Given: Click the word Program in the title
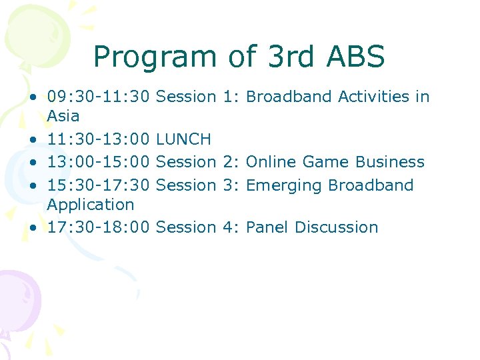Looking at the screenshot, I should coord(155,57).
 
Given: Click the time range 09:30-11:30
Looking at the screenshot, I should coord(99,97).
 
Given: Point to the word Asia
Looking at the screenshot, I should coord(63,116).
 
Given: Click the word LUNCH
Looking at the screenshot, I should coord(183,139).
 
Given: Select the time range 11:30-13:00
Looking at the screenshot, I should coord(99,139).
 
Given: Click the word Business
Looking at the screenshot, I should coord(390,162).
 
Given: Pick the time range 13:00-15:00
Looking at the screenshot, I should coord(99,162).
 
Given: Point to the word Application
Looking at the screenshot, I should coord(91,205).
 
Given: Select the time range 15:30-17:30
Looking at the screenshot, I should coord(99,185).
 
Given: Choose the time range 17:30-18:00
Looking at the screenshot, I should coord(99,227).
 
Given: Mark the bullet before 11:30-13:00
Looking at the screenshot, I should coord(33,140).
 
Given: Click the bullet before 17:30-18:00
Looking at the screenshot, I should coord(33,228).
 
